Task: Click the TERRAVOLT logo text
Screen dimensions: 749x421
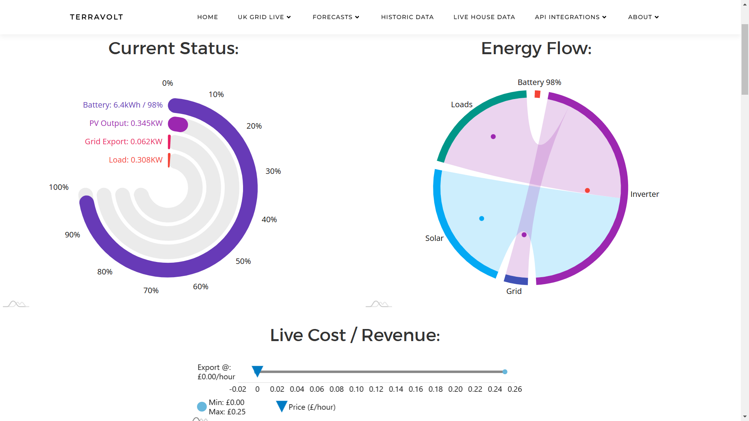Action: click(96, 17)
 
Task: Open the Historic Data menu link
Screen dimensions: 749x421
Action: click(407, 17)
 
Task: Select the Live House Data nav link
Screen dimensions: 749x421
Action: click(484, 17)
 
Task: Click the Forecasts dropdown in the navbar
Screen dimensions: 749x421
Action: click(336, 17)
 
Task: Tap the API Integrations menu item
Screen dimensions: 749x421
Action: click(571, 17)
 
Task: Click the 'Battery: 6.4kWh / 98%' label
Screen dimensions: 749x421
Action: click(123, 105)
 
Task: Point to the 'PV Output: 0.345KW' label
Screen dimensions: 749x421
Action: click(126, 123)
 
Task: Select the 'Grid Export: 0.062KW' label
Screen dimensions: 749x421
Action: click(124, 142)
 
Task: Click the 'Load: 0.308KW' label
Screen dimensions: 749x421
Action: click(136, 160)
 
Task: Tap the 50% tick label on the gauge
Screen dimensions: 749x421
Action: click(243, 261)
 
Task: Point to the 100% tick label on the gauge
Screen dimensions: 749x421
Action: click(59, 187)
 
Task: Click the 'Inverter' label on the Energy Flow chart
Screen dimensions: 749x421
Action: click(644, 194)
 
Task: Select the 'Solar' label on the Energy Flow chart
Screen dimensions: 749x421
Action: click(434, 238)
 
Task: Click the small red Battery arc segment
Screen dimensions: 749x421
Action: click(538, 94)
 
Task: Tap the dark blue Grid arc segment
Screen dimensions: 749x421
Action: click(516, 279)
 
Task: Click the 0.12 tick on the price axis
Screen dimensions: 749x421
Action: click(376, 389)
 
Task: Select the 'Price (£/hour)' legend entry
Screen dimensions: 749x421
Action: click(306, 407)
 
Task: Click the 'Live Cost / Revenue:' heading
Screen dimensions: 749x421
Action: click(355, 335)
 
